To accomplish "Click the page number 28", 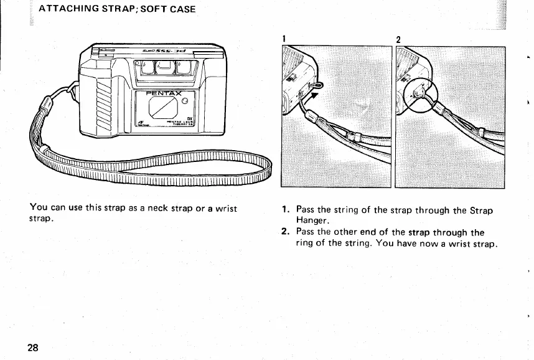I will (x=33, y=348).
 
